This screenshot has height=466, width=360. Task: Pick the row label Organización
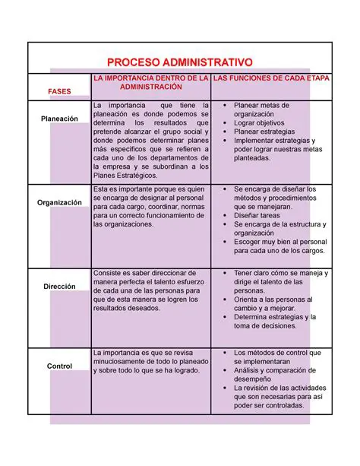tap(58, 202)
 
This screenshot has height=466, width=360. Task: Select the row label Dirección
tap(58, 287)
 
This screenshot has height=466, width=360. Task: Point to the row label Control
tap(58, 366)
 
